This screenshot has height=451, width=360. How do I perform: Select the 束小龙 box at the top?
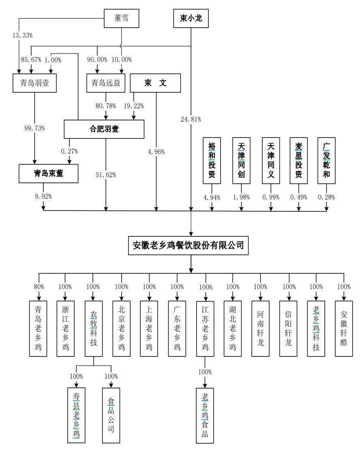pyautogui.click(x=191, y=18)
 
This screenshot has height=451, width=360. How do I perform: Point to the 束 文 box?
pyautogui.click(x=156, y=83)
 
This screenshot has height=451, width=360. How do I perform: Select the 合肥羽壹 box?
pyautogui.click(x=104, y=129)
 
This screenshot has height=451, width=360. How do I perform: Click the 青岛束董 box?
pyautogui.click(x=49, y=173)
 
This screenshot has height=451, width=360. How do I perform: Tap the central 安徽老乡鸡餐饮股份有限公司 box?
pyautogui.click(x=189, y=245)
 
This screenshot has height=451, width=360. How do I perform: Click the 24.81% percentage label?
pyautogui.click(x=191, y=119)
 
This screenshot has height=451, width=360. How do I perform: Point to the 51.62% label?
pyautogui.click(x=106, y=175)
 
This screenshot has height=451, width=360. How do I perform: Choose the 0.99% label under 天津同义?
pyautogui.click(x=270, y=198)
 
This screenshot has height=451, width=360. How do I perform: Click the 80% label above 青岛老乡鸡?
pyautogui.click(x=38, y=287)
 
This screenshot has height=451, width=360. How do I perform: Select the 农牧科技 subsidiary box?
pyautogui.click(x=94, y=329)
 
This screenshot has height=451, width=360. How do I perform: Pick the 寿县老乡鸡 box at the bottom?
pyautogui.click(x=76, y=415)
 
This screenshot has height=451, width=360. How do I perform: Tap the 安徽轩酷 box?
pyautogui.click(x=344, y=329)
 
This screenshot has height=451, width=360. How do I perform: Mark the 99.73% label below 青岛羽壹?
pyautogui.click(x=34, y=128)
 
